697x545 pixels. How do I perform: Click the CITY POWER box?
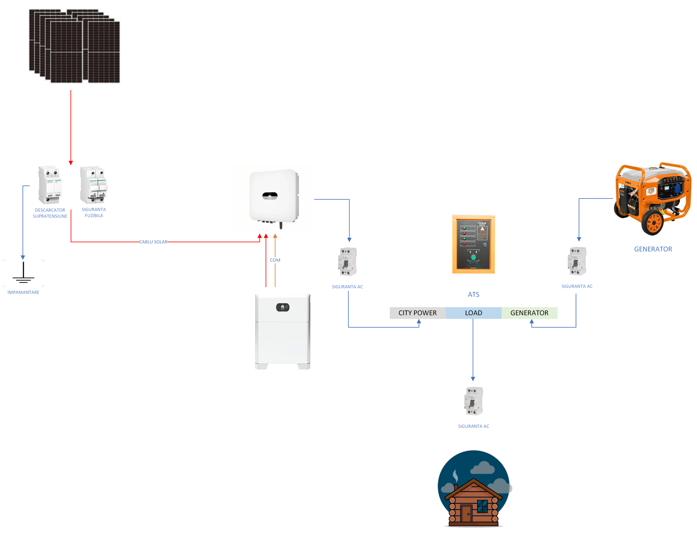(x=417, y=313)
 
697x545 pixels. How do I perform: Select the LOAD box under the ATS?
(x=473, y=313)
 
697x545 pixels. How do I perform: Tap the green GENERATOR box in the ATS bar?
(x=529, y=313)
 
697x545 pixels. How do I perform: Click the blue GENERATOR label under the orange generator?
(x=653, y=249)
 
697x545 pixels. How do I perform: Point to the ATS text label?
(x=473, y=295)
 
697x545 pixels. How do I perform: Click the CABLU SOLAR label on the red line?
(x=153, y=242)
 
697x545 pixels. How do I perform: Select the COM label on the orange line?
(x=275, y=260)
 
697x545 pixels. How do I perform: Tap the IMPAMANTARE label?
(x=23, y=292)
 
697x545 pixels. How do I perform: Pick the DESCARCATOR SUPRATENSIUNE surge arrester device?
(x=50, y=185)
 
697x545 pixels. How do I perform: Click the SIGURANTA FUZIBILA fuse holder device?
(x=93, y=185)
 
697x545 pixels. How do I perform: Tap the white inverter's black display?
(x=270, y=196)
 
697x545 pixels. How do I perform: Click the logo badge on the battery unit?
(x=282, y=307)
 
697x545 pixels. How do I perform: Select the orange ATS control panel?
(x=473, y=244)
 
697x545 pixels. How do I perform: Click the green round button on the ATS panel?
(x=473, y=257)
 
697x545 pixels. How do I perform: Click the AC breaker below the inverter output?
(x=347, y=262)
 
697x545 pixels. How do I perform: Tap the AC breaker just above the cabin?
(x=473, y=401)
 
